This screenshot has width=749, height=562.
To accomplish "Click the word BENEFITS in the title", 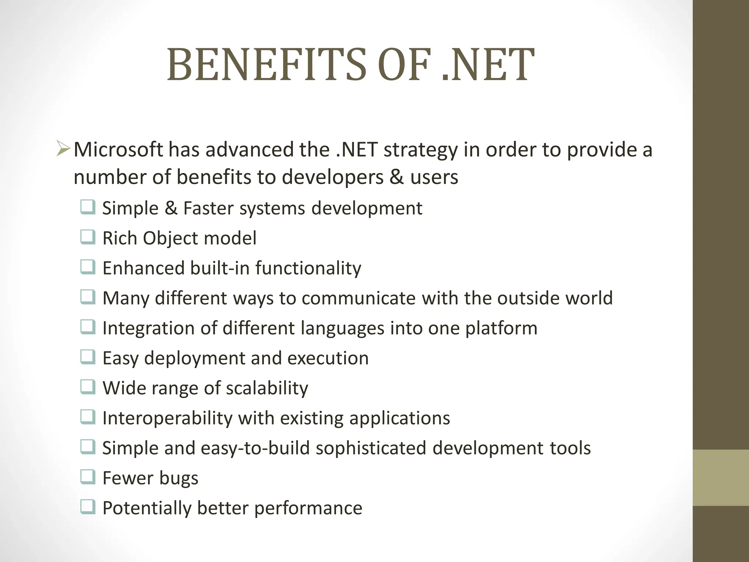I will click(x=266, y=65).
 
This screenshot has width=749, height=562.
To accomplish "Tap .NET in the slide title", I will click(x=488, y=65).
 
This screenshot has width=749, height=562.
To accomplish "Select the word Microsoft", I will click(x=118, y=150).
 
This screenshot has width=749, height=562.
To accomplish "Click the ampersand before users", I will click(x=396, y=177).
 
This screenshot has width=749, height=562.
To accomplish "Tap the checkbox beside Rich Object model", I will click(x=88, y=237).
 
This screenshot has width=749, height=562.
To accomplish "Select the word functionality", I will click(x=308, y=268).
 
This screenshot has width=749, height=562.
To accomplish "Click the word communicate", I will click(x=358, y=298).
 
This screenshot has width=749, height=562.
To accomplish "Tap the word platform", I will click(x=501, y=328).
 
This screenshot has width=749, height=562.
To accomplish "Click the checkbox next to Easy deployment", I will click(x=88, y=357).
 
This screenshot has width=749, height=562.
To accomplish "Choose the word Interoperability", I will click(x=167, y=418).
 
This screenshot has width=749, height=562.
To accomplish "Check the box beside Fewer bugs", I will click(x=88, y=477).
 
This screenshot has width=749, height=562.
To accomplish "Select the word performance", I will click(x=308, y=508).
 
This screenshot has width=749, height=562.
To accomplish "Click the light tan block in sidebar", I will click(x=720, y=477).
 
